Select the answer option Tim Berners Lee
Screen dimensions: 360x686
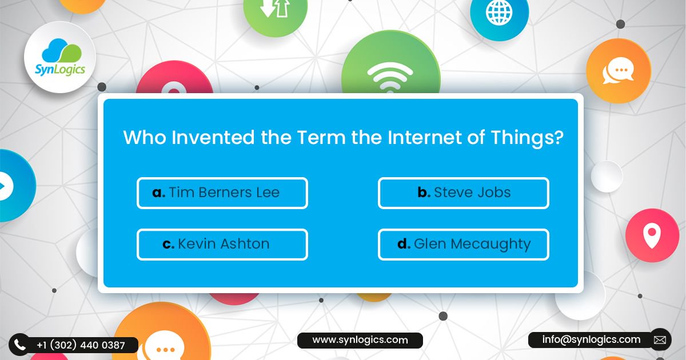click(222, 193)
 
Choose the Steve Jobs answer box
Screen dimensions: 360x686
click(463, 193)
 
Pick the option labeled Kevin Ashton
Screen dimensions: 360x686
click(222, 245)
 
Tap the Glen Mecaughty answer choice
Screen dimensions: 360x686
click(463, 245)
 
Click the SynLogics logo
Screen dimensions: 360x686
click(59, 57)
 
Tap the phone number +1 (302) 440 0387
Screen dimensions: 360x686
click(81, 345)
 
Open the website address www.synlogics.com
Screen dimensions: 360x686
click(360, 340)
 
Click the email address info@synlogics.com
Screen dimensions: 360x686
click(591, 339)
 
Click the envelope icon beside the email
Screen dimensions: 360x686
click(660, 340)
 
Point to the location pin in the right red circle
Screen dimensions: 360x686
click(652, 234)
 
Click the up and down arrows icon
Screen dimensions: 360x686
click(275, 9)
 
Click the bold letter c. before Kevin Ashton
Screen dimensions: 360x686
click(168, 245)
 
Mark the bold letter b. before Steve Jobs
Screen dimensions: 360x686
click(424, 193)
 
